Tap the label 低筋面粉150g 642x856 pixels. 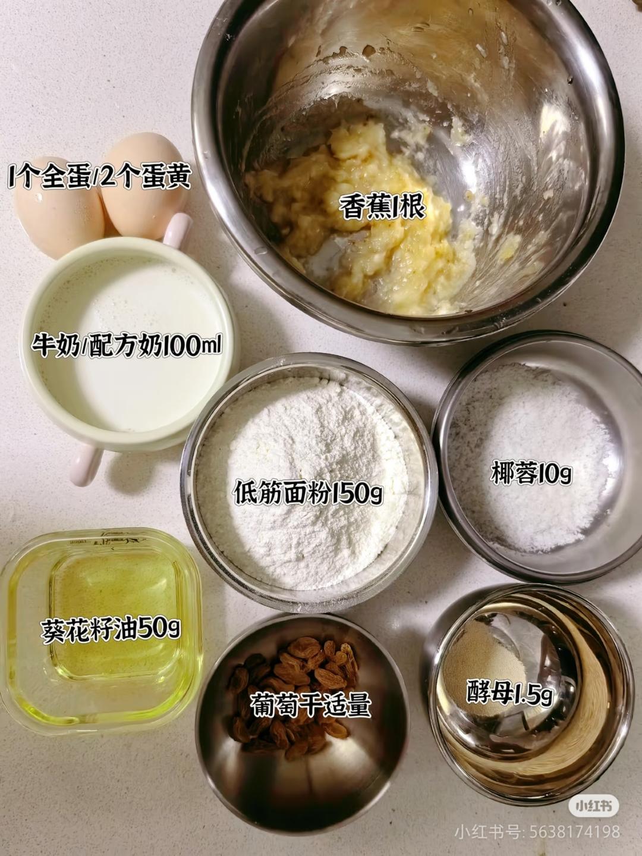coord(308,493)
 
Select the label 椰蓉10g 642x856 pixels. coord(532,474)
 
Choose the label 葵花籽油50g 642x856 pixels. coord(111,629)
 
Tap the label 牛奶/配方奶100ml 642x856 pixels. coord(126,345)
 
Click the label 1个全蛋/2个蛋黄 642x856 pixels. coord(99,176)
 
